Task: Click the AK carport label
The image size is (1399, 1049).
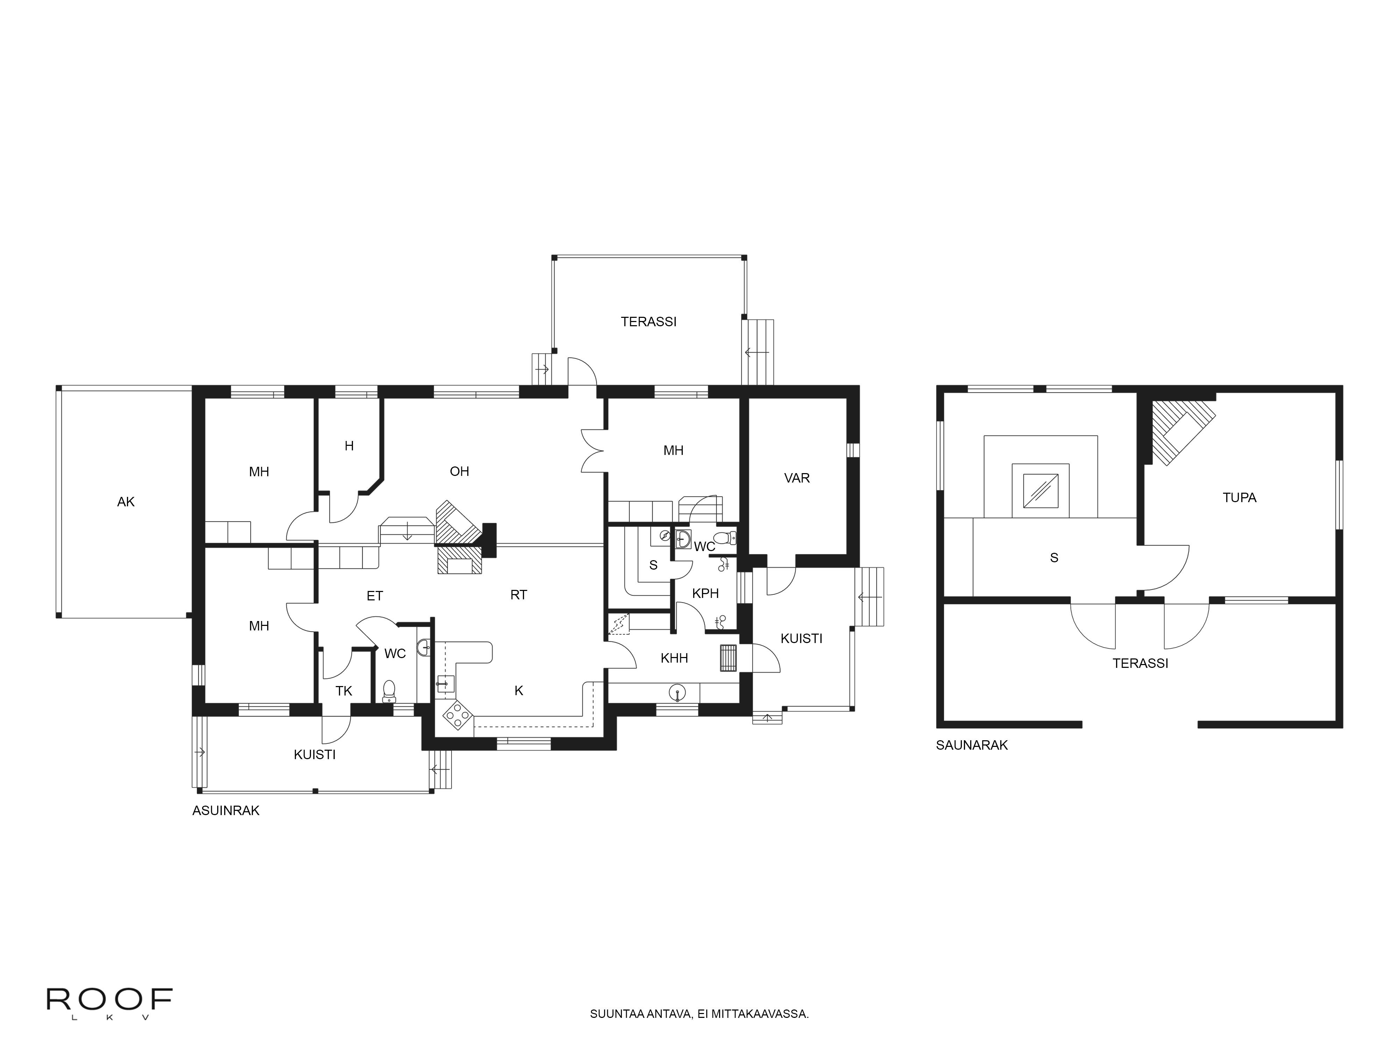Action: click(126, 502)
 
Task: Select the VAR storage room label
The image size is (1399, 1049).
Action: click(797, 478)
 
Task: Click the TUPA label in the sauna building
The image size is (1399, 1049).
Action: click(1239, 498)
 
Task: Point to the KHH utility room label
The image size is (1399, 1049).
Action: click(674, 658)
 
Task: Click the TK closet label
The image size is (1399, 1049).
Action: click(343, 691)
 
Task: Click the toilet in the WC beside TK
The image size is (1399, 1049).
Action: click(389, 691)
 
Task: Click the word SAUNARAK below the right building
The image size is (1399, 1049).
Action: click(972, 745)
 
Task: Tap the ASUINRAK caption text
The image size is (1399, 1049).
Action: click(226, 811)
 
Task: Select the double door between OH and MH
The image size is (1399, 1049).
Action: click(593, 451)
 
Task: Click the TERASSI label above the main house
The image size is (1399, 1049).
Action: click(648, 322)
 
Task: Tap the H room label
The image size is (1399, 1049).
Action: click(348, 446)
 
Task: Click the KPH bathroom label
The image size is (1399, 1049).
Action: click(705, 593)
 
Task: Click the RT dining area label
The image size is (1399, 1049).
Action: click(519, 595)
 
